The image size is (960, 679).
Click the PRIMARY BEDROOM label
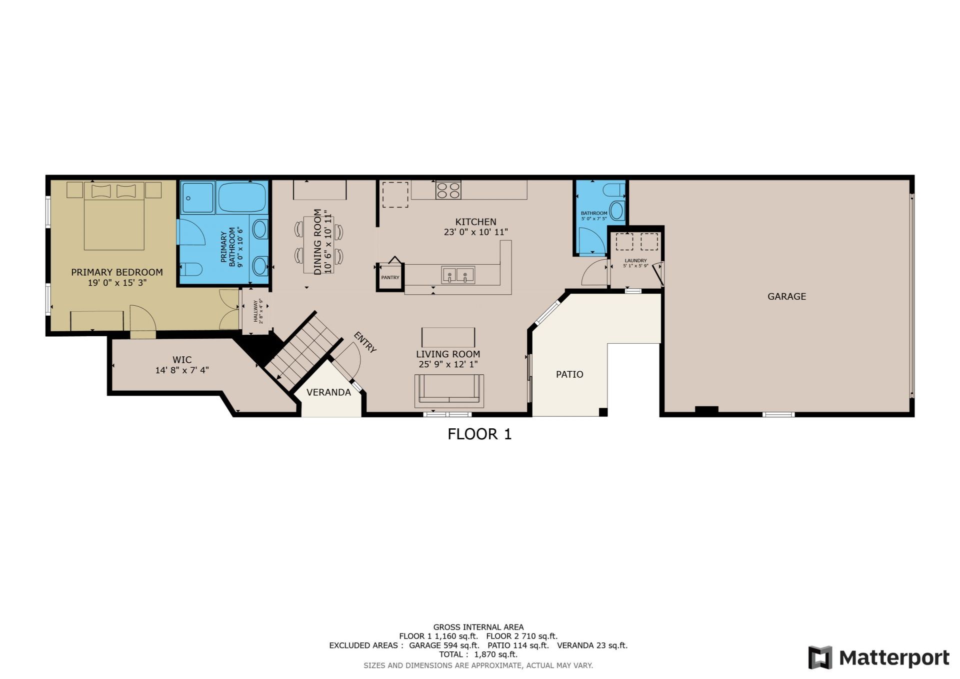(116, 272)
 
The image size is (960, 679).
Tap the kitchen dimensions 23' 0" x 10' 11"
(475, 232)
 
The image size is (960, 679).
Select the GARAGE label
(786, 296)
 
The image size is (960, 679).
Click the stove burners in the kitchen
(448, 190)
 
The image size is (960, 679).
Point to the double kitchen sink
(457, 275)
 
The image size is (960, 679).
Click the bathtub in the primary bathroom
(242, 198)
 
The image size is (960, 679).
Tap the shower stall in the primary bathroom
(197, 198)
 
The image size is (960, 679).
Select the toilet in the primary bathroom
(190, 269)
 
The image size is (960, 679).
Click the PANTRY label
(390, 277)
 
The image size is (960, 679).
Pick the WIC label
(182, 360)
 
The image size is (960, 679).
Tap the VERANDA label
(328, 392)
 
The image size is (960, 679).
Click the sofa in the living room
(449, 391)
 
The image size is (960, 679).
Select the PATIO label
(569, 374)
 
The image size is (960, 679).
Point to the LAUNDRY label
(635, 261)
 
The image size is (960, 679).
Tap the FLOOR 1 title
(479, 434)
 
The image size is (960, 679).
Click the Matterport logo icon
(820, 657)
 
